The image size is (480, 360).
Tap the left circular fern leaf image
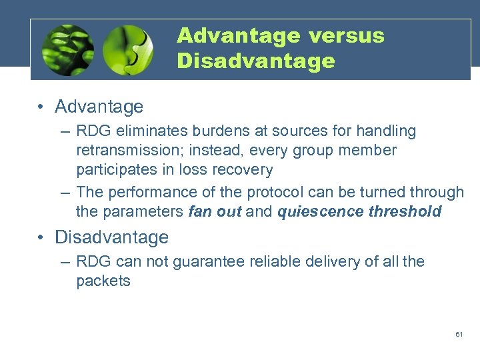click(67, 51)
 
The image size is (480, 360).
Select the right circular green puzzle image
click(129, 51)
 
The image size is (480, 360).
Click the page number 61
click(459, 334)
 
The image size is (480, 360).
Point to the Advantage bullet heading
click(99, 107)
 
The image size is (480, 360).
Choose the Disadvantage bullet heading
click(111, 237)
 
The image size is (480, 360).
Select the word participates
click(115, 170)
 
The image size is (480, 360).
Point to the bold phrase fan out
click(215, 212)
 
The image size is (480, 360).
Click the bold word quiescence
click(315, 212)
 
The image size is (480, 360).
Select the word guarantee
click(203, 261)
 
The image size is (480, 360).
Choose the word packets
click(103, 281)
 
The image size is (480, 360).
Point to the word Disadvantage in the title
click(256, 61)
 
